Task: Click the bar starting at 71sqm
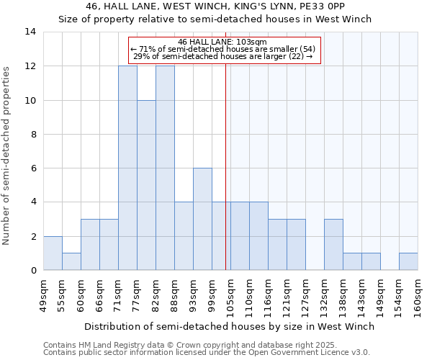(127, 168)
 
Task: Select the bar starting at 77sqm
(146, 185)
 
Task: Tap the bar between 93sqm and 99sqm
(202, 219)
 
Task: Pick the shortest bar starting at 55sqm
(71, 261)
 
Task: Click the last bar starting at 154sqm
(408, 261)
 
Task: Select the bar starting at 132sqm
(333, 244)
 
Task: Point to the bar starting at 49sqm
(53, 253)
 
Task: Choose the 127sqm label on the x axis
(306, 295)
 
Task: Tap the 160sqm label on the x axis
(418, 295)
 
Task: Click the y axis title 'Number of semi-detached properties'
(7, 155)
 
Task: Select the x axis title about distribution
(230, 326)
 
